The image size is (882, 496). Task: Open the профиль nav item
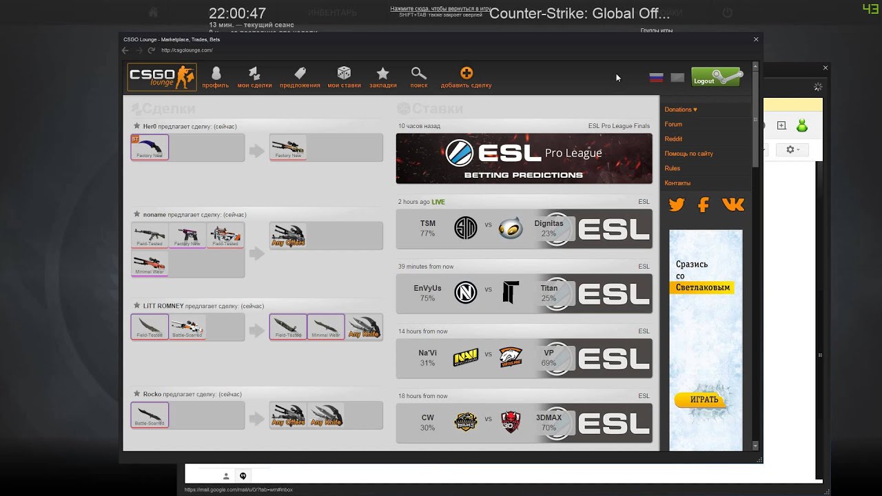coord(216,77)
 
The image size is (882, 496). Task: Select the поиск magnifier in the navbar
coord(418,77)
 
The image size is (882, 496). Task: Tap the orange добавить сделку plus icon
coord(466,73)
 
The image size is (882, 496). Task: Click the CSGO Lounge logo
coord(162,77)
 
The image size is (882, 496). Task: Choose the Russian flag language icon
coord(656,77)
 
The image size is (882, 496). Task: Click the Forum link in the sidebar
coord(673,124)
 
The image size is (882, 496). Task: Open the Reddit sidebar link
coord(673,139)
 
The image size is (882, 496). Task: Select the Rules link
coord(672,168)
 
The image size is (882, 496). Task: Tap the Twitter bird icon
coord(677,205)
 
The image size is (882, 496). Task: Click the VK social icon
coord(732,205)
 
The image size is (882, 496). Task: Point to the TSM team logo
coord(466,228)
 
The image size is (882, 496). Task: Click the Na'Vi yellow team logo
coord(466,358)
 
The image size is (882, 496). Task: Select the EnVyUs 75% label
coord(427,293)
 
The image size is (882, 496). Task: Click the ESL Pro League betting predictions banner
coord(524,158)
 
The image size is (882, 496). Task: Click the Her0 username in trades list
coord(150,127)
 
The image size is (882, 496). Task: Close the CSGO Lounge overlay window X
coord(756,39)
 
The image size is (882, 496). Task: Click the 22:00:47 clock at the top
coord(237,14)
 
